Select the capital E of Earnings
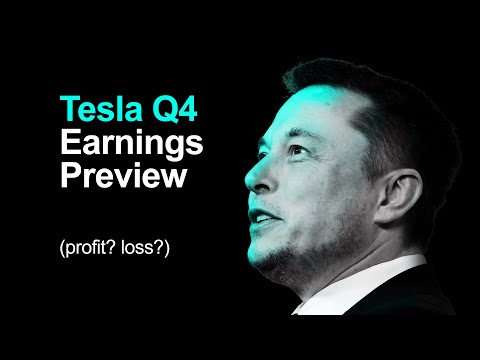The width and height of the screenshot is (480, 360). coord(69,143)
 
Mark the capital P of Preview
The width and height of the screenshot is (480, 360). coord(70,177)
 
